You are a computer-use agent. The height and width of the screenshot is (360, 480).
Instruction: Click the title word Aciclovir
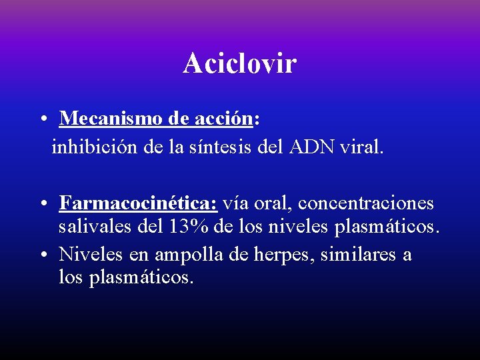click(240, 63)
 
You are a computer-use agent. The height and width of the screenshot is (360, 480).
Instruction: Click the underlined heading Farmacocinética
click(138, 202)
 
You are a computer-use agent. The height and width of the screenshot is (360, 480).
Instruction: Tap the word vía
click(237, 202)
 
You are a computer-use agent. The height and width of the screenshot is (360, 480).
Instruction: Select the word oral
click(273, 202)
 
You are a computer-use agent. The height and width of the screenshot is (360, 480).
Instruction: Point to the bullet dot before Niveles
click(42, 255)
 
